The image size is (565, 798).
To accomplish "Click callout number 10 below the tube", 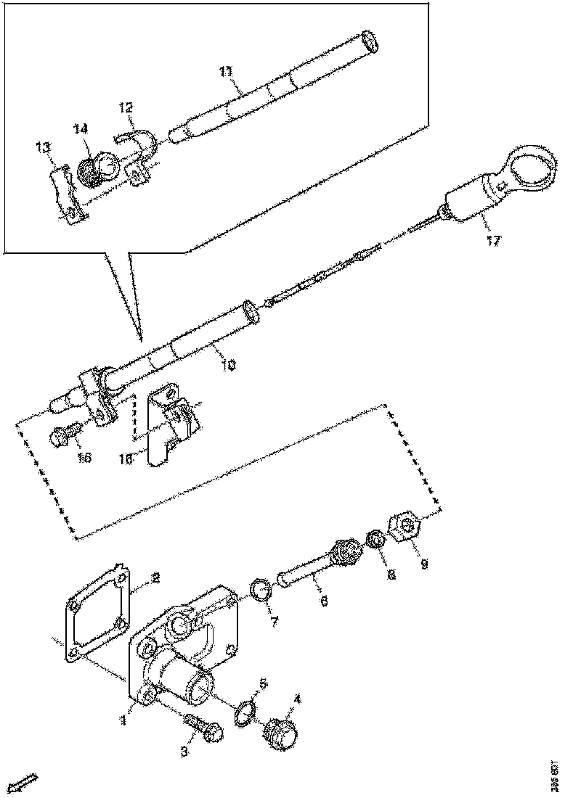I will (x=227, y=366).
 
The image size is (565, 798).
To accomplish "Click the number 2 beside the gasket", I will (x=154, y=578).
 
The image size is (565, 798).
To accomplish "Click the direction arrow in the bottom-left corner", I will (x=25, y=783).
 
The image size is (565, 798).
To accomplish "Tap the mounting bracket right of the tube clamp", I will (x=168, y=424).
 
